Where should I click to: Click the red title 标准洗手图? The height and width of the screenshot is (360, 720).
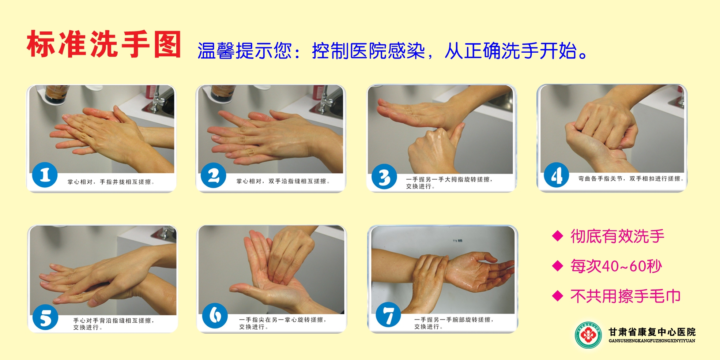point(104,44)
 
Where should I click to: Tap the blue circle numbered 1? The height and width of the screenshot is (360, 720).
point(45,175)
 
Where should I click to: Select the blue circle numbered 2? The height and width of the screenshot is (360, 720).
point(213,175)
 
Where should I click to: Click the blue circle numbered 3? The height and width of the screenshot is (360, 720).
point(384,177)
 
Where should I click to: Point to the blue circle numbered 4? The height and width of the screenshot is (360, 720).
point(556,175)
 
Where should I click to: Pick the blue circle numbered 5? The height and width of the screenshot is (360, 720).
point(45,317)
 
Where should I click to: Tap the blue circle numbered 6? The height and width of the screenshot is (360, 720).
point(215,315)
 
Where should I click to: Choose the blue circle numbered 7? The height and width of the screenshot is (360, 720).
point(388,315)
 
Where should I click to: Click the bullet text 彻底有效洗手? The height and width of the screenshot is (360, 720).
point(617,236)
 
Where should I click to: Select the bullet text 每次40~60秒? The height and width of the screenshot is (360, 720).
point(616,266)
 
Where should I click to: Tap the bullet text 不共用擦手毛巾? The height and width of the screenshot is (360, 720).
point(625,296)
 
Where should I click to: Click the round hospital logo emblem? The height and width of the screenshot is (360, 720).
point(588,335)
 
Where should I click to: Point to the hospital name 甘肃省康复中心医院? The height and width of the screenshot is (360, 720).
point(652,332)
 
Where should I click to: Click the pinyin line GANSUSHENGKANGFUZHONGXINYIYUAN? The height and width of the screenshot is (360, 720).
point(652,341)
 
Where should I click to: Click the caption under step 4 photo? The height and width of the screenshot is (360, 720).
point(630,179)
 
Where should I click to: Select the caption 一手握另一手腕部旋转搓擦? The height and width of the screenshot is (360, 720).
point(453,320)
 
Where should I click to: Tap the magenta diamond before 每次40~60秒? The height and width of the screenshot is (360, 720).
point(558,266)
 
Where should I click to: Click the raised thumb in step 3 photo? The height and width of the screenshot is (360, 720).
point(457,134)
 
